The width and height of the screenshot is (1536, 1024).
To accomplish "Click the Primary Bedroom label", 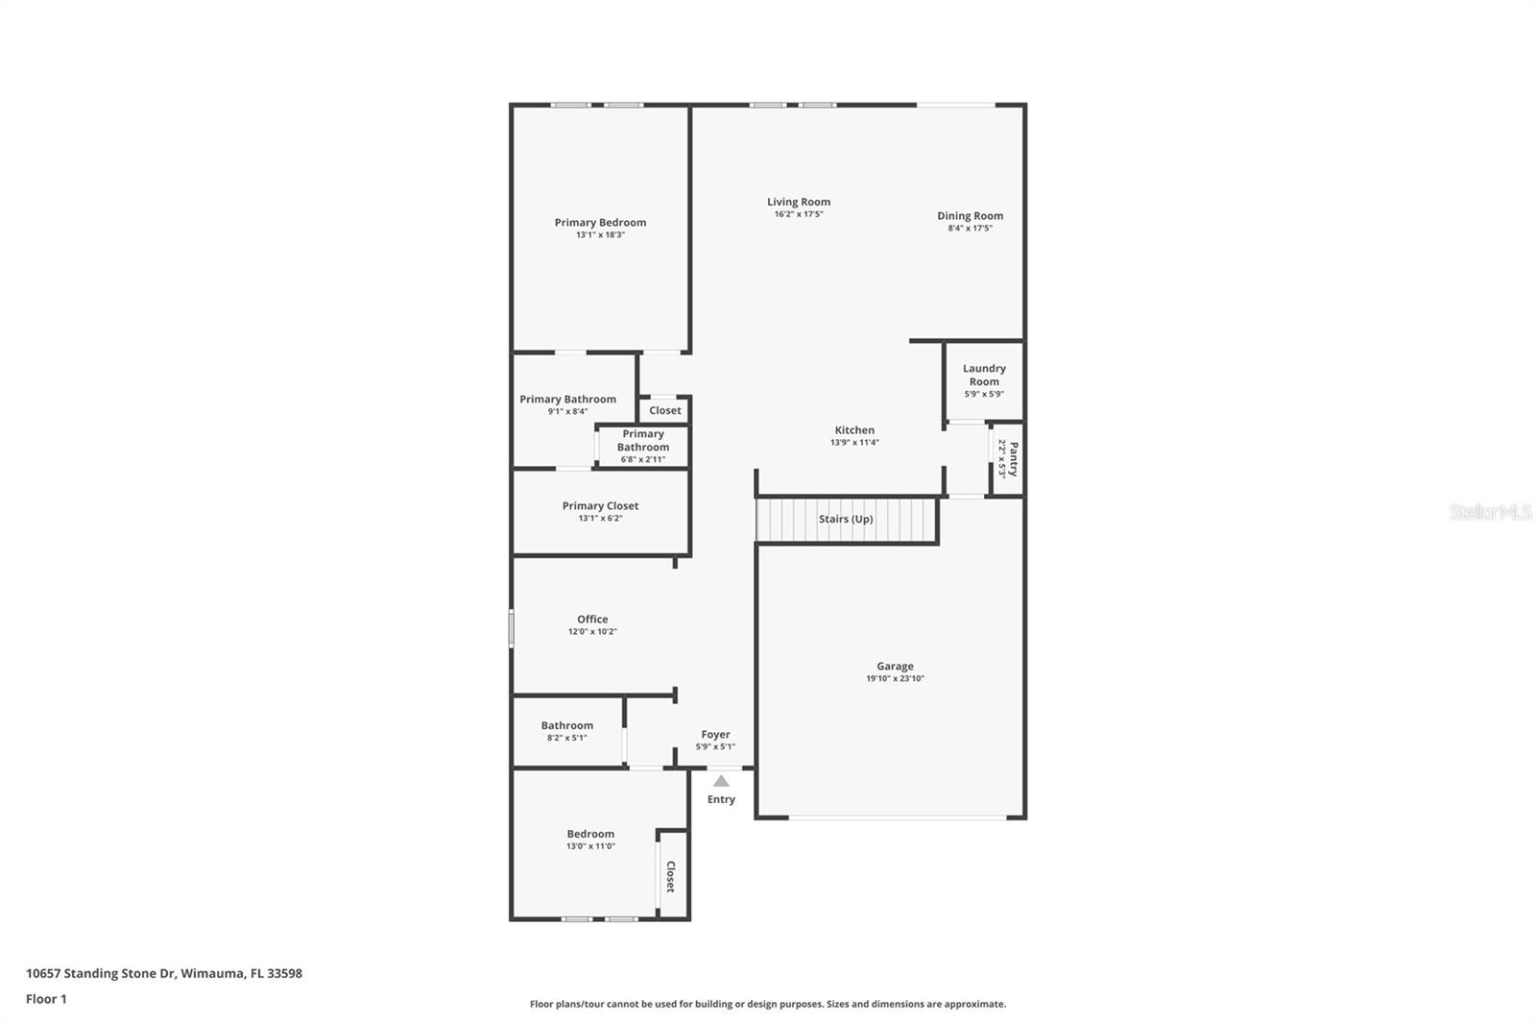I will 600,222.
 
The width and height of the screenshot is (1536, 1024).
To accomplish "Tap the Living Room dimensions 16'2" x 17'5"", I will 798,214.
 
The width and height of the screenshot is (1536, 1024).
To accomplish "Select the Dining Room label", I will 970,215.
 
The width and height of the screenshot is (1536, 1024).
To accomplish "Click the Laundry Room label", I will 984,375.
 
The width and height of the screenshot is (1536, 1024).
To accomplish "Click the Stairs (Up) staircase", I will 846,519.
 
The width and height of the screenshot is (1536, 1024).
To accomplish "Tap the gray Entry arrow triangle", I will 721,781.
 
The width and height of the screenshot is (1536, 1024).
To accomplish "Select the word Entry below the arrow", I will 721,799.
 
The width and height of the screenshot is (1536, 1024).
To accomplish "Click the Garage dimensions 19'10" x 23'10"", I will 895,678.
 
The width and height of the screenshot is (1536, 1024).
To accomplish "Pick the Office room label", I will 592,619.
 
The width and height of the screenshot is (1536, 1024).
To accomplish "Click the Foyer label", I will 715,734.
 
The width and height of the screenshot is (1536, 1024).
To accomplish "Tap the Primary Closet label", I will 600,505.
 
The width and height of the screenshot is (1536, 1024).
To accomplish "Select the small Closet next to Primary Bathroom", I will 664,410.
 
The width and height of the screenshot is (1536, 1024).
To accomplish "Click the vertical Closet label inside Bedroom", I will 671,876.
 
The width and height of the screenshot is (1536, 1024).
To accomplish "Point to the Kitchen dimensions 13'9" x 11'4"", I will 854,443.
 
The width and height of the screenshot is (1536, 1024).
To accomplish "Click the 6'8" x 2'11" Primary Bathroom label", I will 642,459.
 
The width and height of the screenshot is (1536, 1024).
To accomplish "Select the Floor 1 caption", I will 46,999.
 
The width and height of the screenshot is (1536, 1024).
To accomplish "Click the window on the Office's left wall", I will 512,628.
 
